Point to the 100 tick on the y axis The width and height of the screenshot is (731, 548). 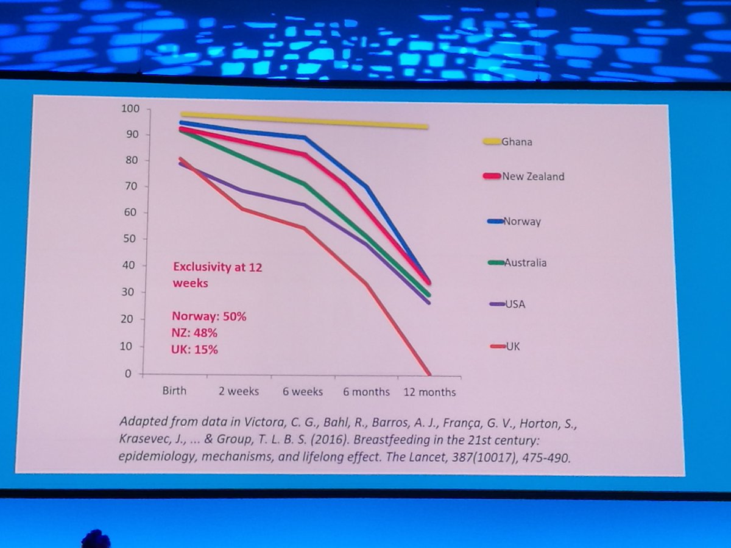click(131, 109)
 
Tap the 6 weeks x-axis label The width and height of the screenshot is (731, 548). click(302, 392)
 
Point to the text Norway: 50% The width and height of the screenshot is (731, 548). click(209, 317)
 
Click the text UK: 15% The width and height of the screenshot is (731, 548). click(194, 350)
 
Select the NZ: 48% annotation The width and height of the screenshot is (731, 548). click(194, 334)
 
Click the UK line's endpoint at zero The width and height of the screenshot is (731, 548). click(429, 373)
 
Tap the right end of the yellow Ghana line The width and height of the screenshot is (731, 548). click(428, 127)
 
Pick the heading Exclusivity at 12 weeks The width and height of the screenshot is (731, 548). click(217, 275)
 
